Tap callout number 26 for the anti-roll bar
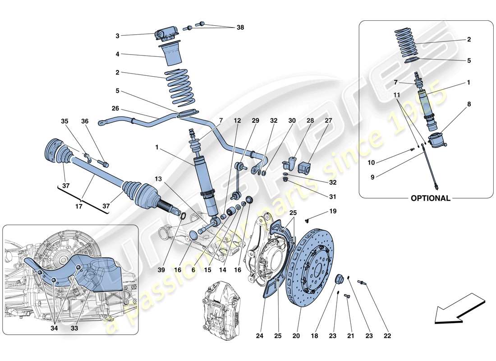[x=116, y=108]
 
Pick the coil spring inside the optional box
[x=408, y=43]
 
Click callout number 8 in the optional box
[x=468, y=104]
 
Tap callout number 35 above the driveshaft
[x=64, y=121]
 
